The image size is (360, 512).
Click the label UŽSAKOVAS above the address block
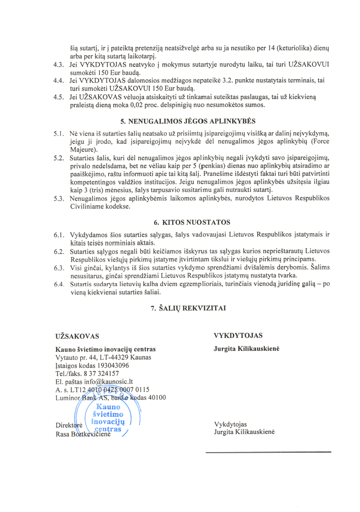tap(77, 336)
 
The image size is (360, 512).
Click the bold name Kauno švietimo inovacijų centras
tap(106, 349)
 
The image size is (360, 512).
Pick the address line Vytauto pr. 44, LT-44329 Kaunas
tap(103, 358)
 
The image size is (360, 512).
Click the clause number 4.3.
tap(59, 65)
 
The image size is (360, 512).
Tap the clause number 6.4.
tap(59, 283)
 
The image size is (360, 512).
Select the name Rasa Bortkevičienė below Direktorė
tap(83, 434)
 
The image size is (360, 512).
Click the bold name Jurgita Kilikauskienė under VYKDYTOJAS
tap(247, 349)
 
